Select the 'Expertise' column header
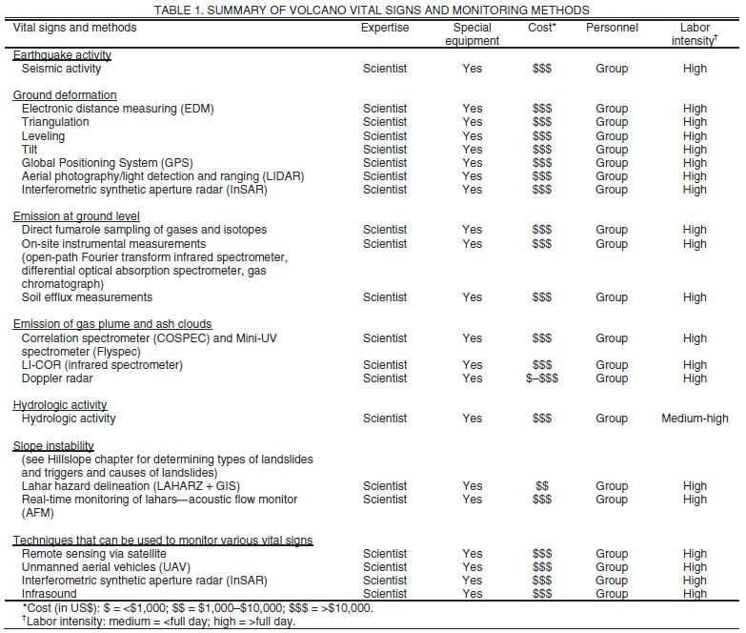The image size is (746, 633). point(385,28)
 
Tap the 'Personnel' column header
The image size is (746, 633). point(612,28)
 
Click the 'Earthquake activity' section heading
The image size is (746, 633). point(62,55)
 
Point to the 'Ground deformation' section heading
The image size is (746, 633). point(65,95)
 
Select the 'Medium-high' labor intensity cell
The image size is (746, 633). point(695,419)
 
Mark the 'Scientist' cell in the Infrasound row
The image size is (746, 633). point(385,594)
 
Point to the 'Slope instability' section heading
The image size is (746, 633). point(53,446)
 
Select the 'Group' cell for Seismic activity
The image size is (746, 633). point(612,69)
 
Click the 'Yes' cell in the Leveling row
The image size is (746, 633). point(473,136)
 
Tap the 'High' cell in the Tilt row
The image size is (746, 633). point(695,150)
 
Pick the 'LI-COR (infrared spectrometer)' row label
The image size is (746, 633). point(102,365)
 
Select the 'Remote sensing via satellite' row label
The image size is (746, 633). point(93,554)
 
